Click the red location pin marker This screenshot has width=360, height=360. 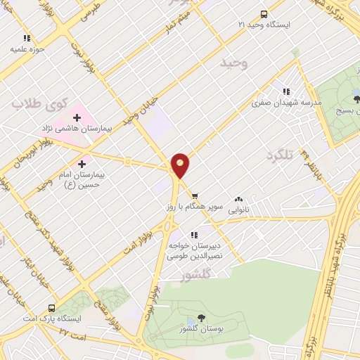point(181,164)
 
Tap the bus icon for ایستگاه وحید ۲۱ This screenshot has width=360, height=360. point(264,14)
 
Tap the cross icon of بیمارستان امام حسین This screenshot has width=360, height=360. point(83,163)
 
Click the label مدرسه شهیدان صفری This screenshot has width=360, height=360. point(287,102)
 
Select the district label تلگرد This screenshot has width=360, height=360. point(279,154)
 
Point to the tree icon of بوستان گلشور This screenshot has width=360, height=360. point(202,318)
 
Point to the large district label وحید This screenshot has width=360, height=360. point(235,64)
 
